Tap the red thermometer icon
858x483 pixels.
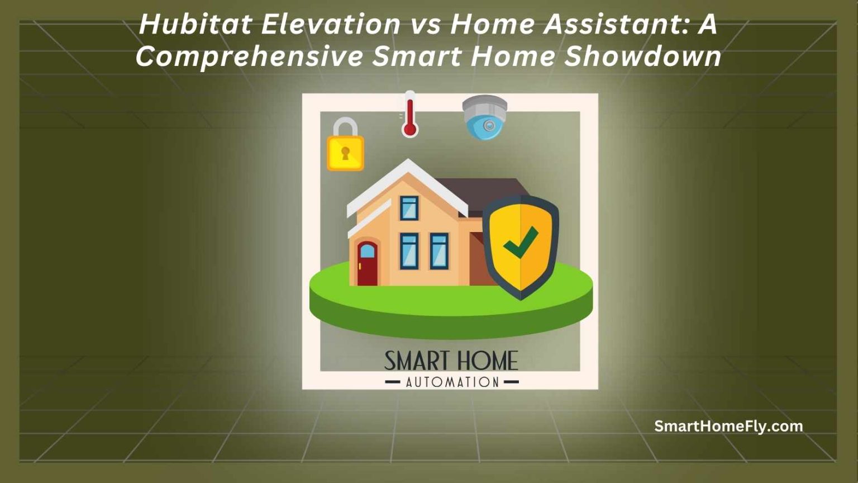410,115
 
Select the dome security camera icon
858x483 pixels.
485,117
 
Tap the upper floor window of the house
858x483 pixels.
409,208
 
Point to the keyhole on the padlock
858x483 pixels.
345,153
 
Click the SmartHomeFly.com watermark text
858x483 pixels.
728,427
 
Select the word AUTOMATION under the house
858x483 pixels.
452,382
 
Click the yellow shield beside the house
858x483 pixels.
521,246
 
